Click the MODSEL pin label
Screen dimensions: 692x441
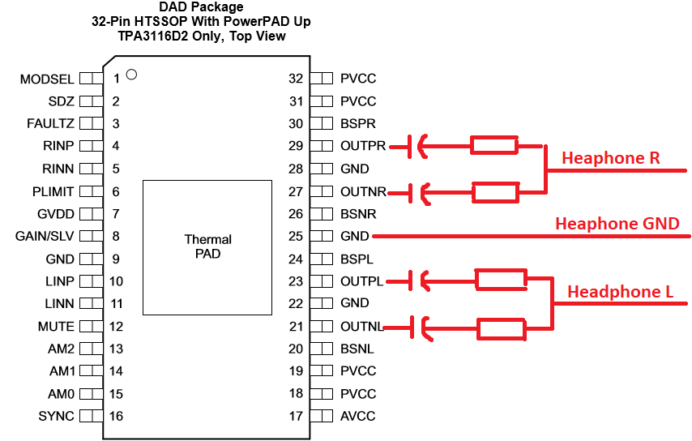pos(47,79)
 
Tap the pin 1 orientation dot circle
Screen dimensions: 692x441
pos(131,75)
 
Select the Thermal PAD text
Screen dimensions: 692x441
pos(208,246)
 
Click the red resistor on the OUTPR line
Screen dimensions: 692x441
pos(493,145)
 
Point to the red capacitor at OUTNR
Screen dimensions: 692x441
pos(418,193)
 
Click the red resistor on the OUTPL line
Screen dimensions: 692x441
pos(501,280)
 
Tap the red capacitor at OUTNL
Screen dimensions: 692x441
pos(421,328)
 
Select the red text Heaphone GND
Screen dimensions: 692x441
pos(617,224)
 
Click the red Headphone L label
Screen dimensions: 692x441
pos(620,292)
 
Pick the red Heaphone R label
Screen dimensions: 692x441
pos(611,158)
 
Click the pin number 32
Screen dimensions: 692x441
pos(296,79)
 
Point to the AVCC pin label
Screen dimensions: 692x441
pos(358,416)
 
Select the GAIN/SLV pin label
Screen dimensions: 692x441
pos(45,236)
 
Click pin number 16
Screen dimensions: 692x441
pos(116,416)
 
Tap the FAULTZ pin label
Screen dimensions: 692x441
pos(50,123)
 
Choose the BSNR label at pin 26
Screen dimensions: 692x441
pos(358,214)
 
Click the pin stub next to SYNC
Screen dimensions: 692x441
pos(92,416)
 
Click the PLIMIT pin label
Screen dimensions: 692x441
pos(53,192)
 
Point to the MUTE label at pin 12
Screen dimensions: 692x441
pos(56,326)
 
